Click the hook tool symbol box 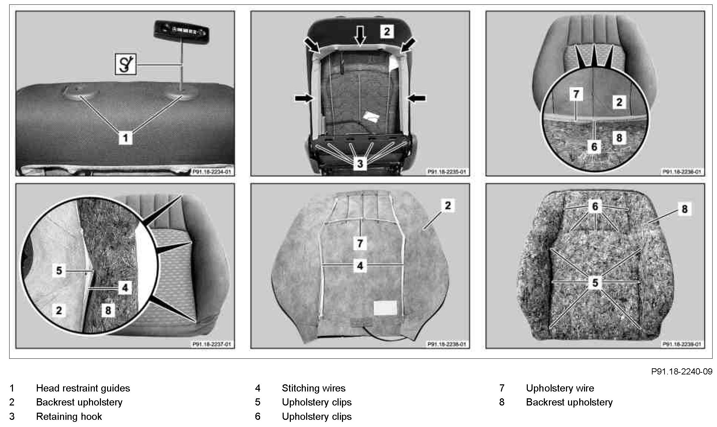[125, 64]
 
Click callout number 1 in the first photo [125, 138]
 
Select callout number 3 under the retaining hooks [360, 163]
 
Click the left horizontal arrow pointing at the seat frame [304, 98]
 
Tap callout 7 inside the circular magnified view [576, 94]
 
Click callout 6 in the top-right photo [594, 146]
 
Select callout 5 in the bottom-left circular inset [59, 271]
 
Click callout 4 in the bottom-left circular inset [125, 288]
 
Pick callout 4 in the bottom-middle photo [360, 265]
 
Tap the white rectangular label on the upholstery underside [385, 308]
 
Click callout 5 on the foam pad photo [595, 282]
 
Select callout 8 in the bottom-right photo [685, 209]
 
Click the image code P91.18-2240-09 [682, 371]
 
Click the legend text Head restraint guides [83, 388]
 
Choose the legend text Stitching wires [313, 388]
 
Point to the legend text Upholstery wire [560, 388]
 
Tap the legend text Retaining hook [69, 416]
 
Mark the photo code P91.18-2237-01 [211, 344]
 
